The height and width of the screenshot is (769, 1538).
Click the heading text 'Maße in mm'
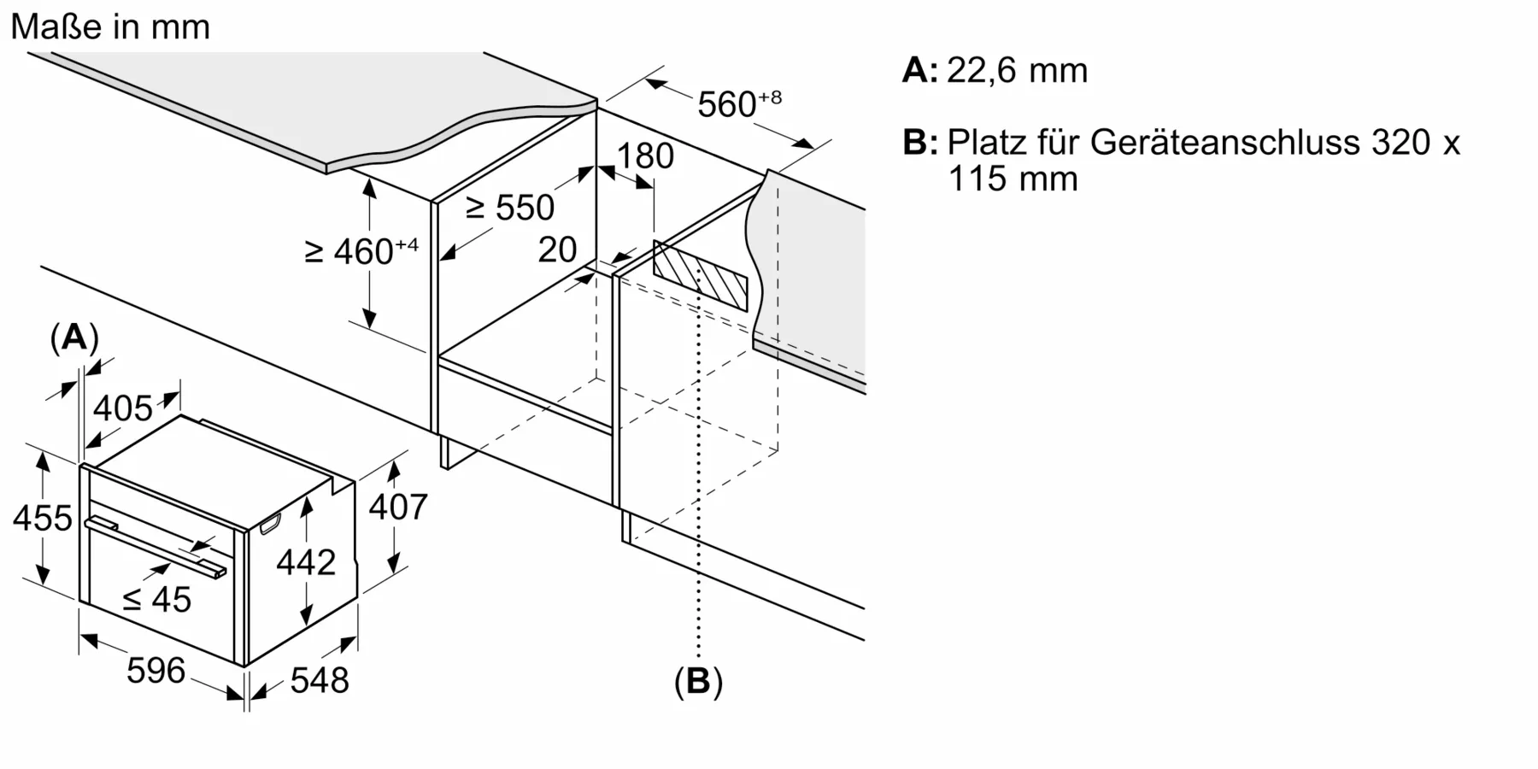click(x=110, y=27)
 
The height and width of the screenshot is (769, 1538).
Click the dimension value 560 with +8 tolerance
click(x=737, y=103)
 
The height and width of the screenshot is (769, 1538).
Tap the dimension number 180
click(x=645, y=156)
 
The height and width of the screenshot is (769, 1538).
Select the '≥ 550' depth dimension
click(x=510, y=208)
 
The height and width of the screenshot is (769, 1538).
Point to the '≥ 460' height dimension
click(x=361, y=251)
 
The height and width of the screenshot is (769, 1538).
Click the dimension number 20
click(x=557, y=249)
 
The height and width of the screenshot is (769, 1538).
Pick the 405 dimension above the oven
click(x=123, y=408)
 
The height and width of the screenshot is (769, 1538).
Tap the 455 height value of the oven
click(x=43, y=519)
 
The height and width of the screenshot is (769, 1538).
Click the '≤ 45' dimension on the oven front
click(x=156, y=600)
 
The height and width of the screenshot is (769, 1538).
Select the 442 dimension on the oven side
click(x=306, y=562)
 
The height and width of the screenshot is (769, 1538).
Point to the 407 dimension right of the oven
click(x=397, y=508)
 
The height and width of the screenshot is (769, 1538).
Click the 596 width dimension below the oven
click(x=156, y=671)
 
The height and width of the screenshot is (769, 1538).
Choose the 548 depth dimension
click(x=320, y=681)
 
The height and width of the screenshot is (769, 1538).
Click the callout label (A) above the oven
click(x=74, y=338)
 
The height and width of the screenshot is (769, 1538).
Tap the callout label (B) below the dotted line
click(x=698, y=682)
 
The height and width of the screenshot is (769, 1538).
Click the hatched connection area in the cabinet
click(x=700, y=276)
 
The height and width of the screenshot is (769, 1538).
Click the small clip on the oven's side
click(x=270, y=524)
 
